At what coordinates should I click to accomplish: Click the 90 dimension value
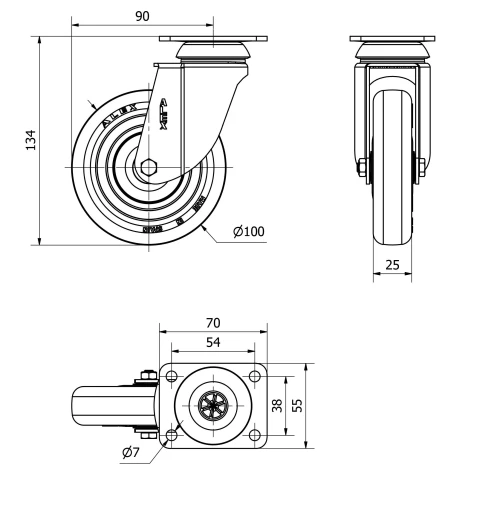pos(142,15)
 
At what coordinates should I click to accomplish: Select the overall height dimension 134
pos(30,140)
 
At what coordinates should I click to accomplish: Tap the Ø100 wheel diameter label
pos(248,232)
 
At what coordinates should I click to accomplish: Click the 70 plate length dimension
pos(213,323)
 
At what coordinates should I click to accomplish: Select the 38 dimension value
pos(276,406)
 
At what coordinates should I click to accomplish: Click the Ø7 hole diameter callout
pos(130,453)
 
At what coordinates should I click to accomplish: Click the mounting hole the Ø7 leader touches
pos(171,435)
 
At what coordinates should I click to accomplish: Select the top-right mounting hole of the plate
pos(255,377)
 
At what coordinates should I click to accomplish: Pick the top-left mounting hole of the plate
pos(171,377)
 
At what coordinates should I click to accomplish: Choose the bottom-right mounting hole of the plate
pos(255,435)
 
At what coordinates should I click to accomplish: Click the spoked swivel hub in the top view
pos(213,406)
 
